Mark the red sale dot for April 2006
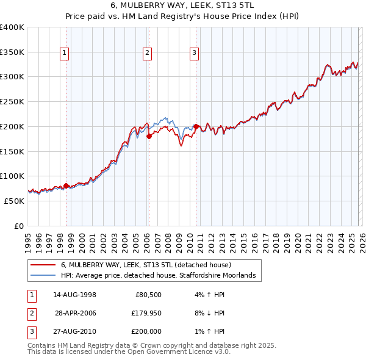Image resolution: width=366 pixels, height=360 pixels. [x=148, y=137]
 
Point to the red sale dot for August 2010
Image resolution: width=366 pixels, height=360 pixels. [x=196, y=126]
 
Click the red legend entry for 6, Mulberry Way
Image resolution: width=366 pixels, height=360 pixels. [x=145, y=265]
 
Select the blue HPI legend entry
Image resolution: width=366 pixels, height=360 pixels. [x=161, y=276]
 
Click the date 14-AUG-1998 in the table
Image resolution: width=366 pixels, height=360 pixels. [x=74, y=295]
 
